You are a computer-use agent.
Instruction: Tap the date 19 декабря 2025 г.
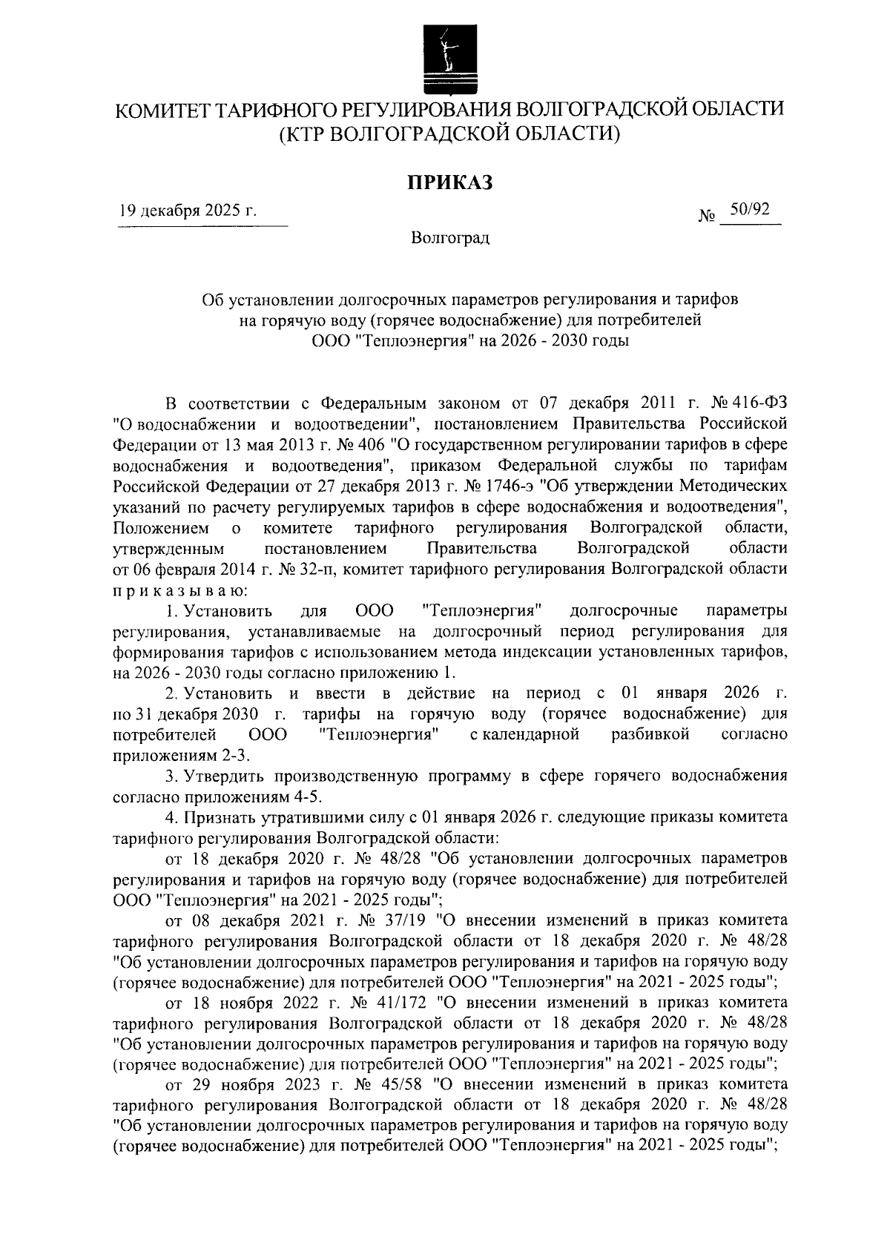pyautogui.click(x=188, y=211)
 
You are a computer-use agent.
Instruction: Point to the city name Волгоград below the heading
pyautogui.click(x=450, y=239)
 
